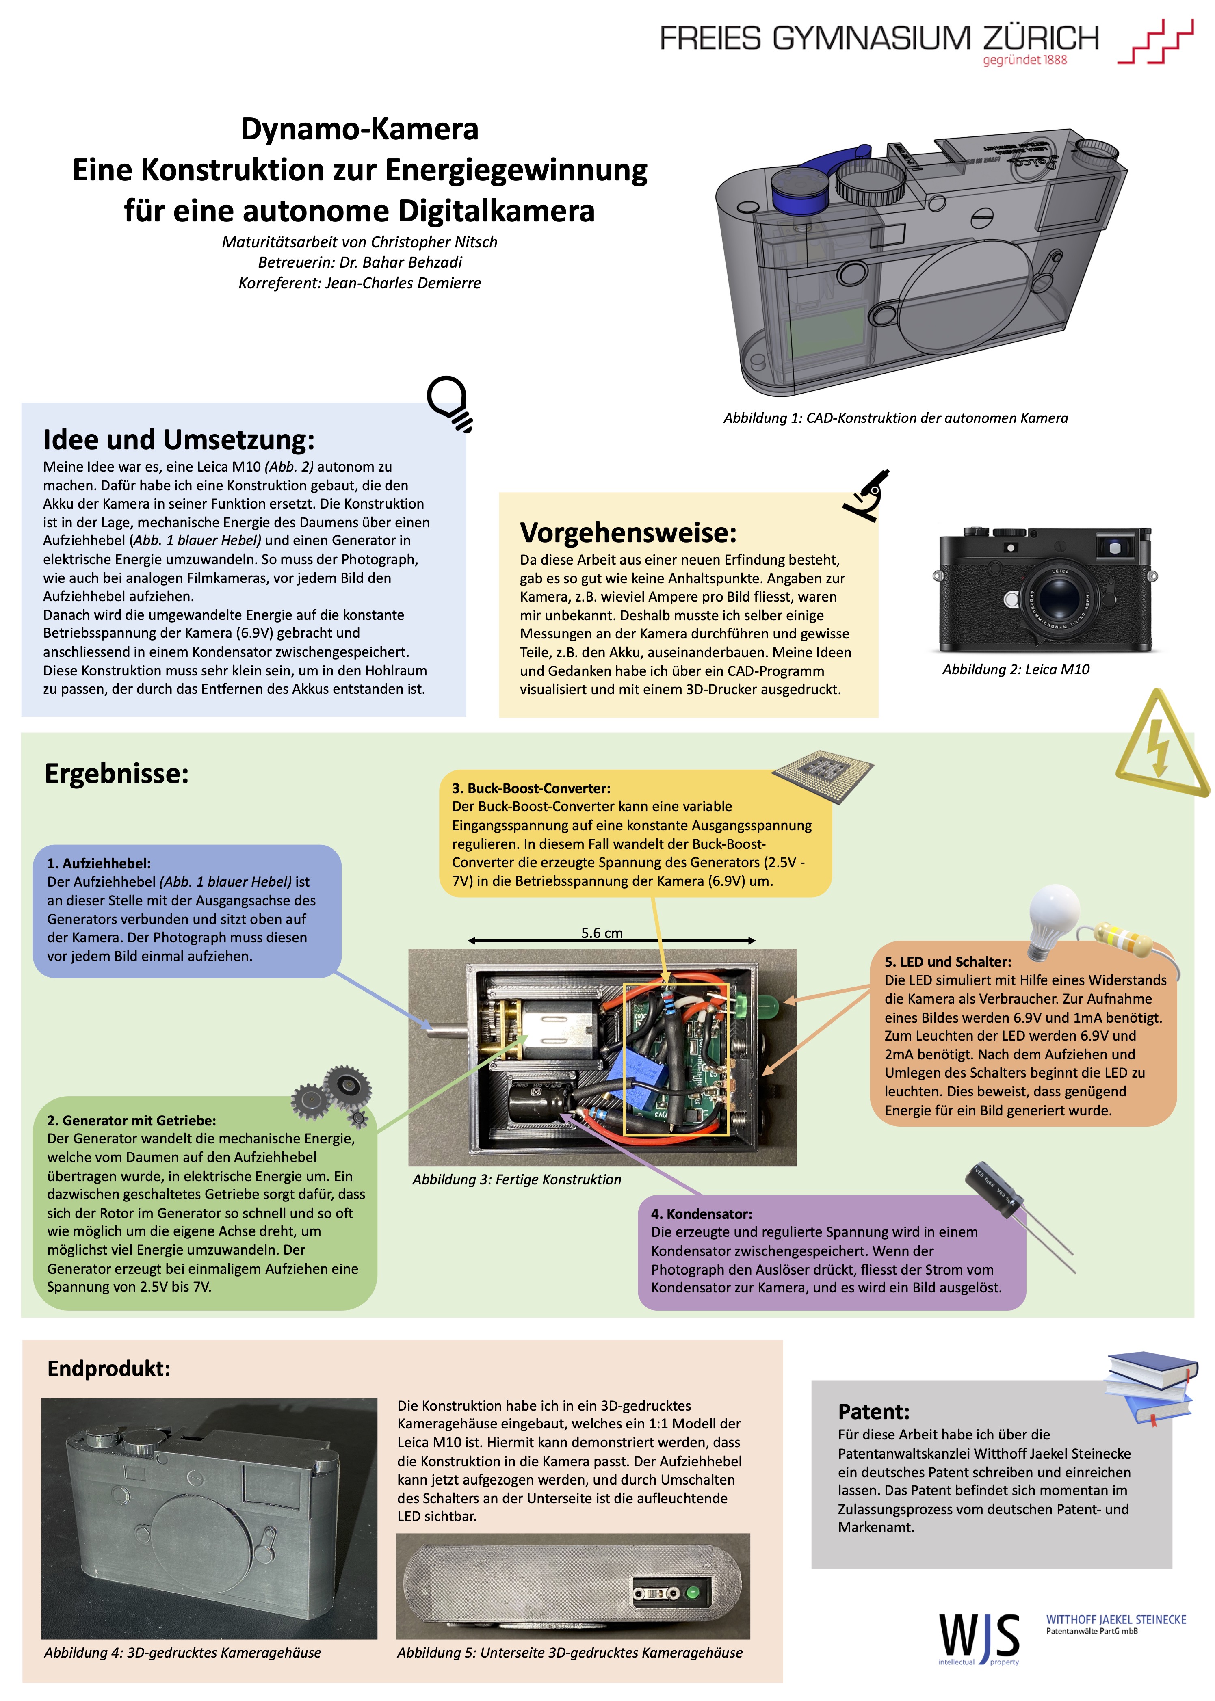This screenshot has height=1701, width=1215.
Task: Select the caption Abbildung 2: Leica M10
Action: pyautogui.click(x=1015, y=669)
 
